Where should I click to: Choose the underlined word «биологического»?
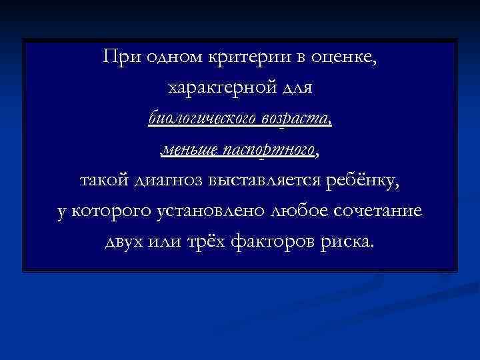point(200,119)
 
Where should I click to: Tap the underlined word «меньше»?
point(187,150)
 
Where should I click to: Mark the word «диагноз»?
point(169,181)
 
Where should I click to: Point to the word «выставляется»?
point(267,181)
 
